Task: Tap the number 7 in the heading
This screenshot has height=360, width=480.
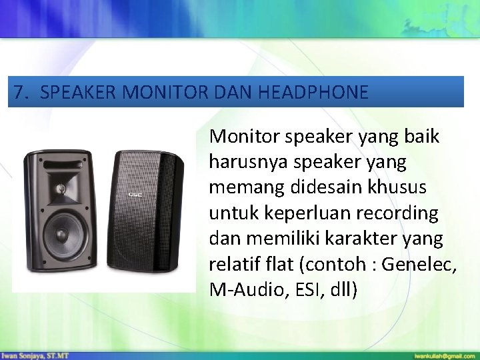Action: [x=19, y=92]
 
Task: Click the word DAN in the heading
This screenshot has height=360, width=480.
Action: [x=233, y=92]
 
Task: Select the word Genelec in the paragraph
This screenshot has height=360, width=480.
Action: [x=423, y=265]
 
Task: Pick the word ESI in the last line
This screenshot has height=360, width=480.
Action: [x=303, y=290]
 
